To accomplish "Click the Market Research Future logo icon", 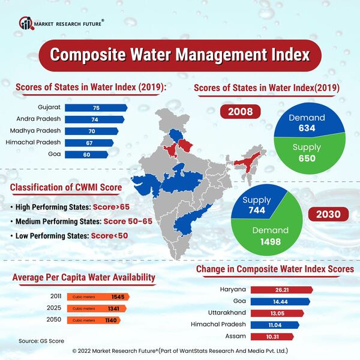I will (25, 23).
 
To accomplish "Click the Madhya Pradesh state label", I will (34, 131).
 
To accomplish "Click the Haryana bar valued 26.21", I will (281, 290).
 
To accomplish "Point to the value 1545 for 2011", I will (118, 297).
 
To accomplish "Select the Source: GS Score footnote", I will (41, 341).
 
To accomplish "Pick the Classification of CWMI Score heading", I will (66, 188).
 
